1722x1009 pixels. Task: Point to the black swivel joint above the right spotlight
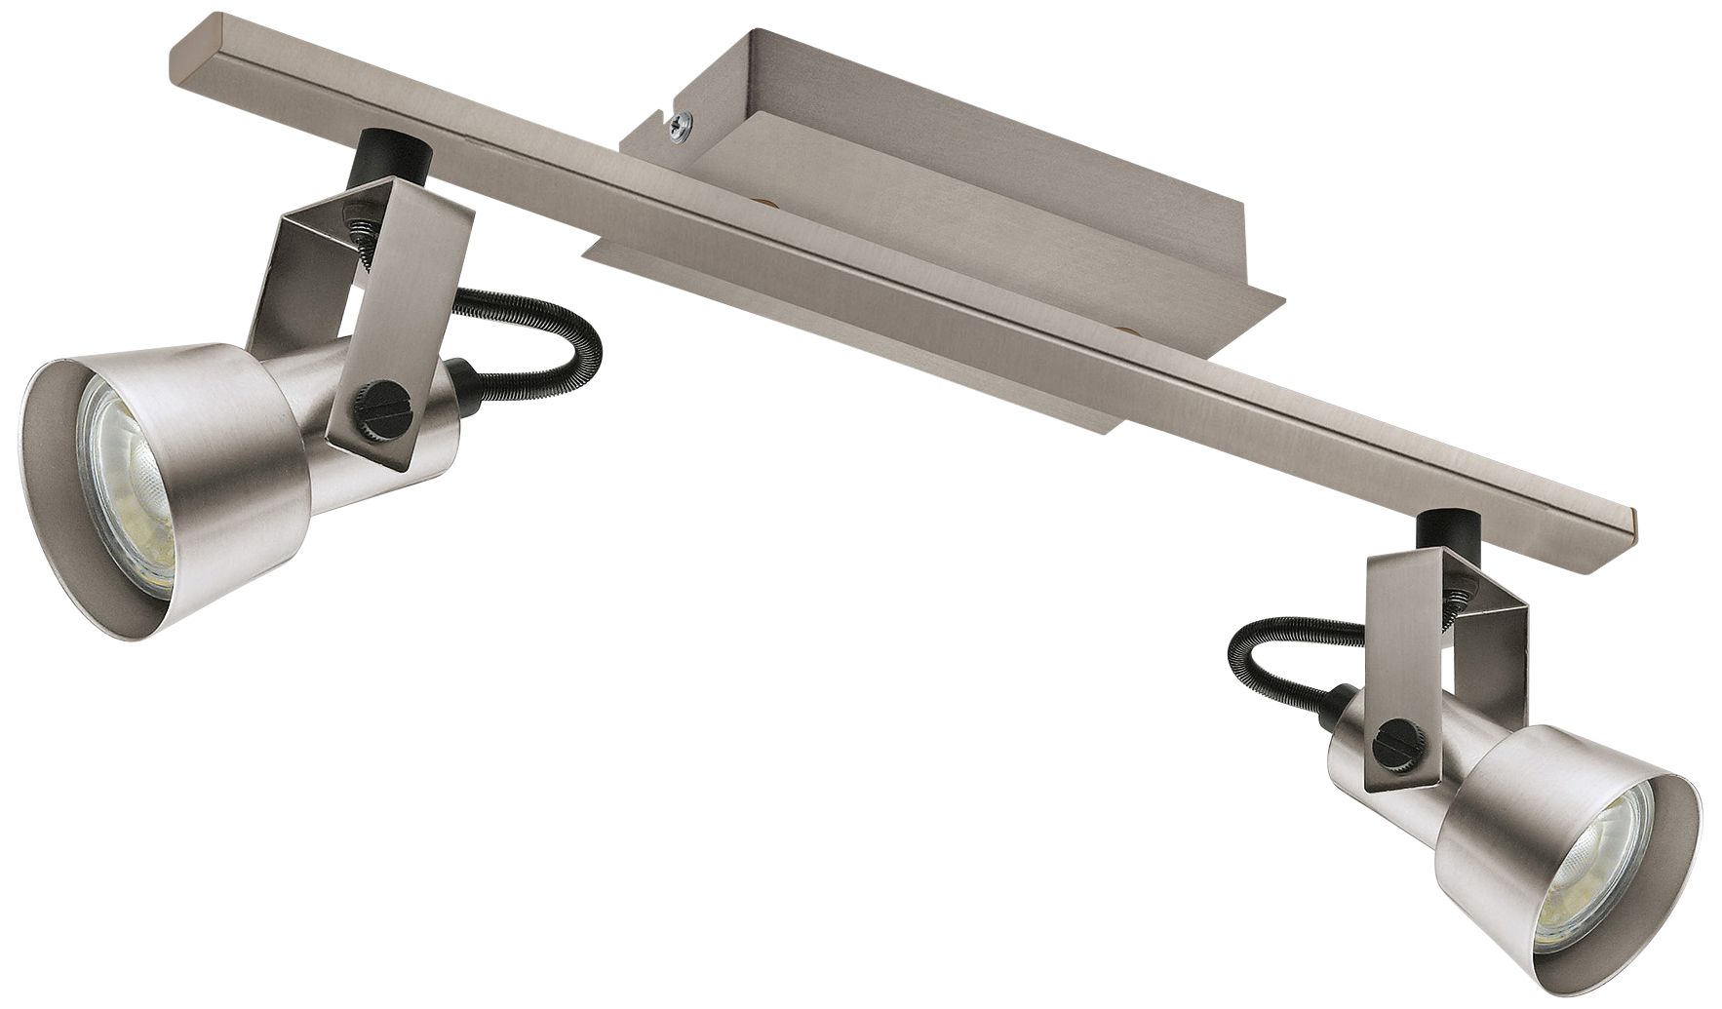(x=1434, y=532)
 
